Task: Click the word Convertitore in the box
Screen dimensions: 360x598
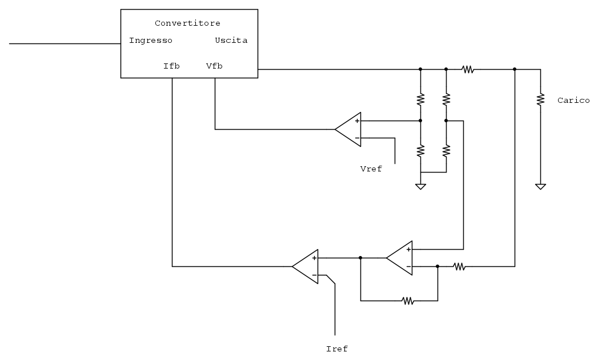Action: pyautogui.click(x=187, y=23)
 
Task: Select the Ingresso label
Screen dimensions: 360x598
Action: pyautogui.click(x=151, y=41)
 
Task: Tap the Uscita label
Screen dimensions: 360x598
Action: pyautogui.click(x=231, y=41)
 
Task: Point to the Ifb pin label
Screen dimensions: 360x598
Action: pyautogui.click(x=171, y=66)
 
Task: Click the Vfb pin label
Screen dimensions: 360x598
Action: pyautogui.click(x=214, y=66)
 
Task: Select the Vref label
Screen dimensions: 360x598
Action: pyautogui.click(x=371, y=169)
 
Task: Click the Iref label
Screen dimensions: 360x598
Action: pyautogui.click(x=336, y=349)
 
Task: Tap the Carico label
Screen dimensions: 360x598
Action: pyautogui.click(x=573, y=101)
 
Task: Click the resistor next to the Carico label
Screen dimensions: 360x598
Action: pyautogui.click(x=540, y=100)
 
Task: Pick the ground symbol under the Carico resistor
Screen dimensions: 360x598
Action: pyautogui.click(x=540, y=186)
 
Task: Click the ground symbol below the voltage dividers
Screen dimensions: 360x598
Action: pyautogui.click(x=420, y=186)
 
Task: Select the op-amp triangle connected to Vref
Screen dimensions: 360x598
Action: pyautogui.click(x=348, y=129)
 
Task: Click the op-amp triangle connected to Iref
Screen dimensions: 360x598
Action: pyautogui.click(x=306, y=266)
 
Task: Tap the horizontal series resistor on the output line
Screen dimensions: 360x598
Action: pyautogui.click(x=468, y=69)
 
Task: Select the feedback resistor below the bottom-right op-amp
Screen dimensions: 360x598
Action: pyautogui.click(x=407, y=301)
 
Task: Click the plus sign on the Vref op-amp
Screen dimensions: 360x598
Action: pyautogui.click(x=357, y=121)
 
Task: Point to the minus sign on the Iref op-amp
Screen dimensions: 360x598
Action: pyautogui.click(x=314, y=275)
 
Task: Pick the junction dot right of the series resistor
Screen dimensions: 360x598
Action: pyautogui.click(x=515, y=69)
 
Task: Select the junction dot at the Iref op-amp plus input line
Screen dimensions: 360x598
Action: pyautogui.click(x=360, y=258)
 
